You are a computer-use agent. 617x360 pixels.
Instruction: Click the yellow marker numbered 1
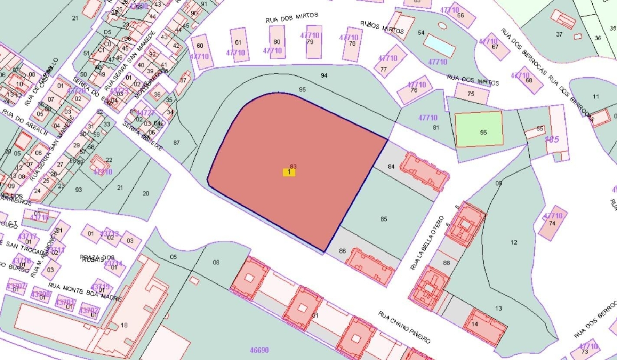[289, 172]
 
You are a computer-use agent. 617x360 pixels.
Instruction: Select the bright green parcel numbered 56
[479, 129]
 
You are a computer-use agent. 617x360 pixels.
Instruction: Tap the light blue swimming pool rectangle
[440, 45]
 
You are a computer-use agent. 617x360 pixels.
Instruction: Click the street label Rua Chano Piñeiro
[404, 327]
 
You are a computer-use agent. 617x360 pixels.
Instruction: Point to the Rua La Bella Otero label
[427, 243]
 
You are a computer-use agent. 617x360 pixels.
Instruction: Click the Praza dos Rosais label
[97, 258]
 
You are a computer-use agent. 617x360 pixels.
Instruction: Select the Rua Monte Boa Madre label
[85, 291]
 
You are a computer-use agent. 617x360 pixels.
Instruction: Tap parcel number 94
[324, 75]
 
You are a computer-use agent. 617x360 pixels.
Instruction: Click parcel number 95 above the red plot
[302, 89]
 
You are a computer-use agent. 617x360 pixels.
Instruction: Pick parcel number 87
[176, 143]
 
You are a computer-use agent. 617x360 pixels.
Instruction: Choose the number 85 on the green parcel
[383, 219]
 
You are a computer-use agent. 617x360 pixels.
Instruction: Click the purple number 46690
[259, 350]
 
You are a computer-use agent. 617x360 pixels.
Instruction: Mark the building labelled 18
[124, 325]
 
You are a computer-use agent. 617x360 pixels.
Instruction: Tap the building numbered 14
[485, 327]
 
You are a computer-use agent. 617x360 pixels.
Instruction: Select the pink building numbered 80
[277, 42]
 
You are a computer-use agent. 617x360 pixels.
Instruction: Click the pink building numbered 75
[471, 94]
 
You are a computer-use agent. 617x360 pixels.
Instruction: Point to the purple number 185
[552, 139]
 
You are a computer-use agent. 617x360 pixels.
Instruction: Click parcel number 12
[514, 242]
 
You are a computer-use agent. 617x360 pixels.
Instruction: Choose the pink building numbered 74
[552, 223]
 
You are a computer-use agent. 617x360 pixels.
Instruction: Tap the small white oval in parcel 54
[443, 26]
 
